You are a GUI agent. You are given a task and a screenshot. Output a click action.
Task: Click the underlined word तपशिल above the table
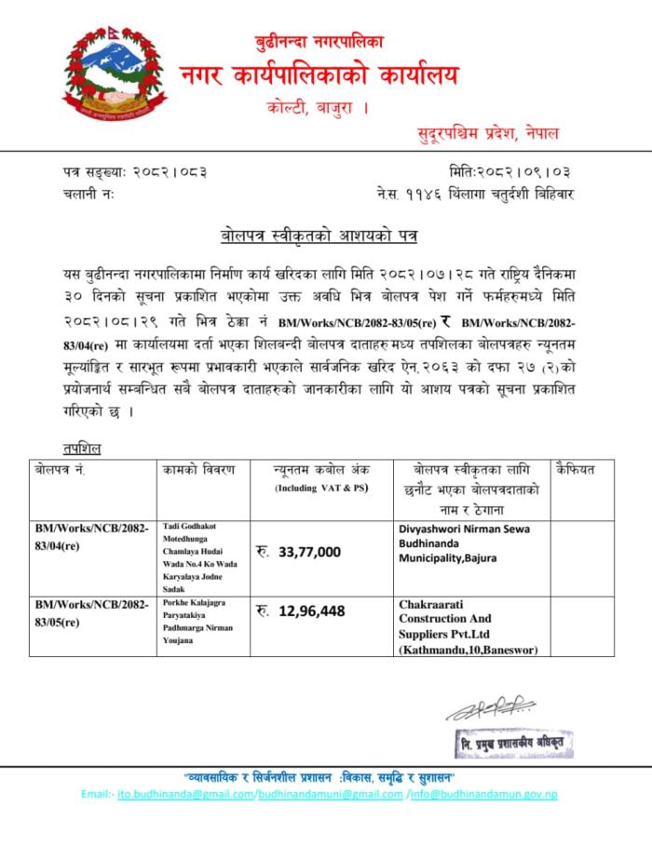[58, 449]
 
